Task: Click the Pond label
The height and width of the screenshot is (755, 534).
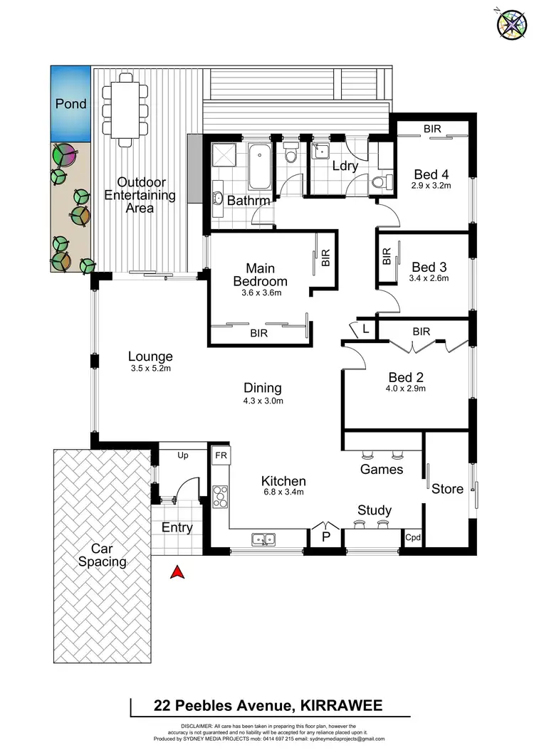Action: tap(71, 104)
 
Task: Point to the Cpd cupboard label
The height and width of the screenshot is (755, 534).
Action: tap(413, 539)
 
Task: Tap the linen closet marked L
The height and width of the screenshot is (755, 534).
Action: tap(365, 328)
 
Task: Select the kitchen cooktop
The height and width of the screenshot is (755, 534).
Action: tap(219, 493)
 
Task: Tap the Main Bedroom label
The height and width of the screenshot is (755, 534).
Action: tap(261, 275)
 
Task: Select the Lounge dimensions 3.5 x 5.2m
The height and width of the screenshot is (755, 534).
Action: tap(150, 369)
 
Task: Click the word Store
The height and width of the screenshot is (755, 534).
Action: tap(447, 489)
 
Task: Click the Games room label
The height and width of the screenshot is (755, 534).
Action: tap(382, 469)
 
